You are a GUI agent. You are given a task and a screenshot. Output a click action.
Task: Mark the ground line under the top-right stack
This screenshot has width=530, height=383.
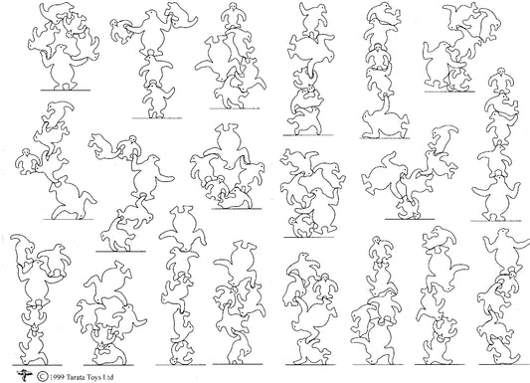click(x=447, y=88)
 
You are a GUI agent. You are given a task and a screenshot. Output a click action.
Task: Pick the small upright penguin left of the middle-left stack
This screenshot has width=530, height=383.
click(x=24, y=159)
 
